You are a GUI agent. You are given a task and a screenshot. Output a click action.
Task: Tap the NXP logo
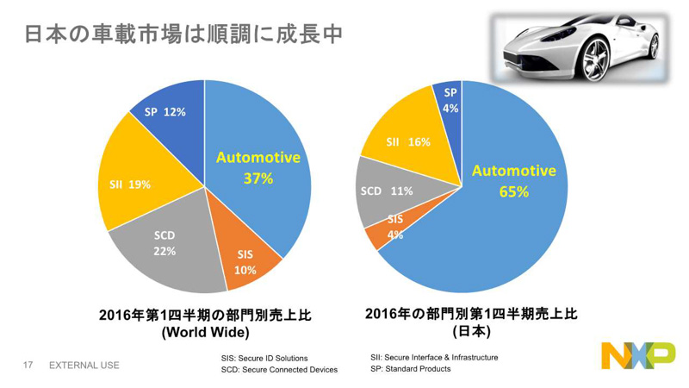coord(637,356)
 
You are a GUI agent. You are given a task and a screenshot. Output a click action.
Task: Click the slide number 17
coord(28,365)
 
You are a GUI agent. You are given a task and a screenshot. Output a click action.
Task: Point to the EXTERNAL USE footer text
coord(84,365)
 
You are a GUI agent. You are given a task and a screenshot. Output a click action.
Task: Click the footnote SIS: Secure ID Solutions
coord(264,357)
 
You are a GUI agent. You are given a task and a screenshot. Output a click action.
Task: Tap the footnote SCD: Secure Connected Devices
coord(279,370)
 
